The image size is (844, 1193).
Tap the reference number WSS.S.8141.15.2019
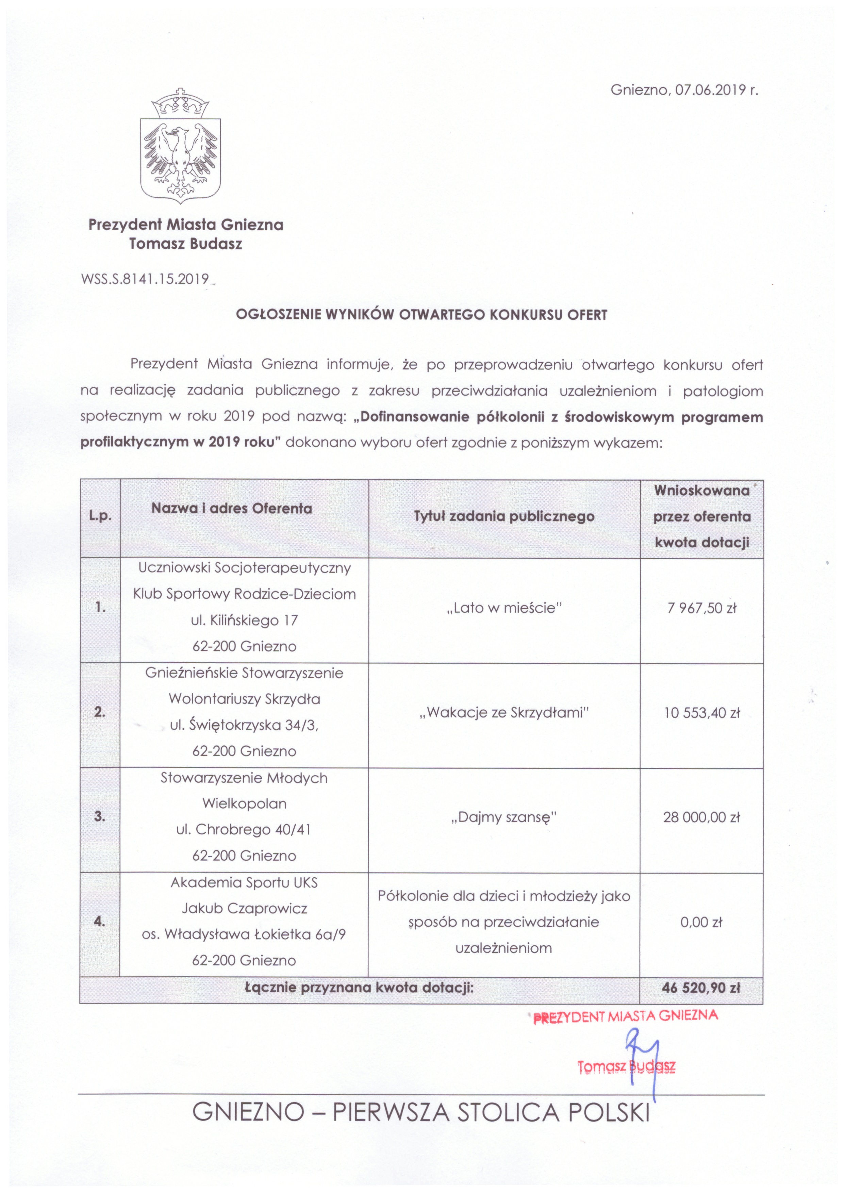pos(145,279)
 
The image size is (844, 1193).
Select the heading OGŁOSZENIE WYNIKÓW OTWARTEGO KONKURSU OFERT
pos(421,315)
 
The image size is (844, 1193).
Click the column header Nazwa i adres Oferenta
pos(232,508)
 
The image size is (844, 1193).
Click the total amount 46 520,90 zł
pos(701,988)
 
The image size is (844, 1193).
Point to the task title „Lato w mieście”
pos(504,608)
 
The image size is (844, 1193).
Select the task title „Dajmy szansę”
pos(504,817)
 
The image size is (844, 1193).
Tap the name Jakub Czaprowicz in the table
pos(244,909)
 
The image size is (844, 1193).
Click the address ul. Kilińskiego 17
pos(244,620)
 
